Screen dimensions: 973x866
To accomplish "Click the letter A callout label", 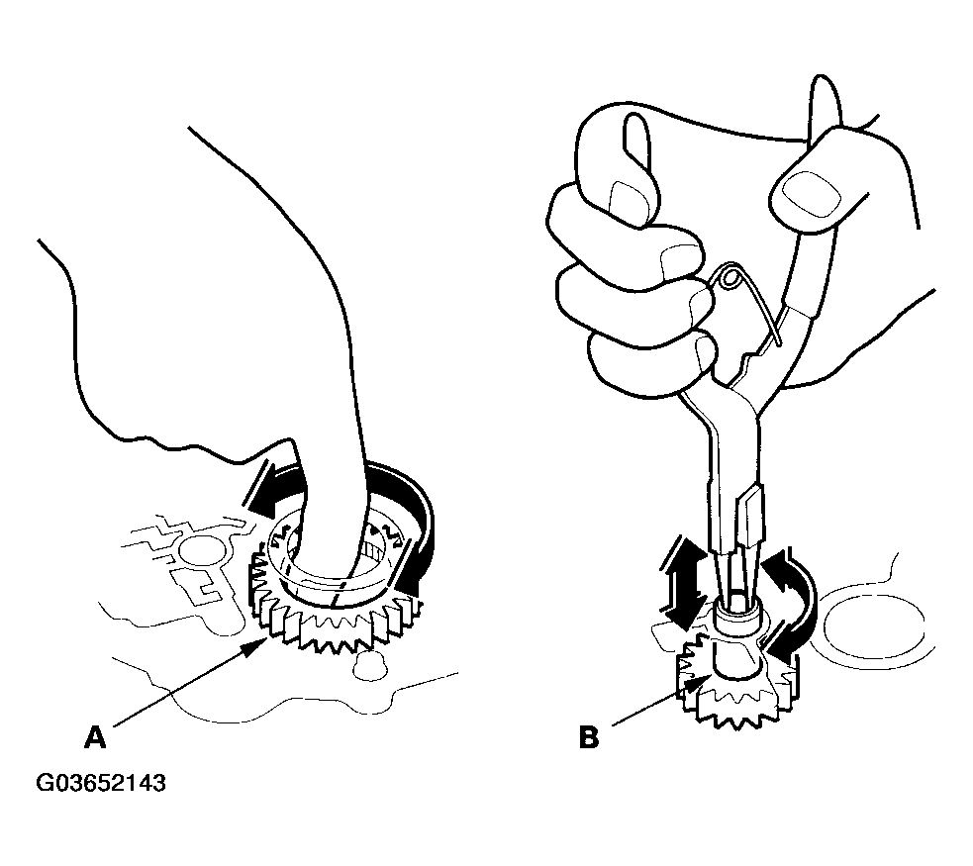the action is (95, 737).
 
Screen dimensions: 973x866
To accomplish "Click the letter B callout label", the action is (589, 737).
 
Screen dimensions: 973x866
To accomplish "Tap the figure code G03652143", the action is (101, 783).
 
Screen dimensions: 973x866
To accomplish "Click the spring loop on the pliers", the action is (730, 275).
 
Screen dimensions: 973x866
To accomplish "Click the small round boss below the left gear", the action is (365, 664).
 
